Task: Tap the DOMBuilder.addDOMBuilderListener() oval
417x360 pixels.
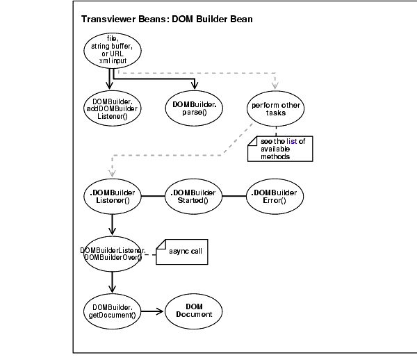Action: [112, 108]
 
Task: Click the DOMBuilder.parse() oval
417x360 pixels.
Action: [190, 108]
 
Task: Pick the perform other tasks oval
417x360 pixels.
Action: [275, 108]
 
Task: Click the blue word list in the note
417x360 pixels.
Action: [291, 141]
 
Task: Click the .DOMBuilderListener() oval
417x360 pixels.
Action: [112, 196]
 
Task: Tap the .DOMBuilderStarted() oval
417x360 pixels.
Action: [190, 196]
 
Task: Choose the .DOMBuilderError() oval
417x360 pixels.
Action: [275, 196]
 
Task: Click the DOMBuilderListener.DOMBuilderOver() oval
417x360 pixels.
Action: [112, 254]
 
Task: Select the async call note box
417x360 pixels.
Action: [183, 251]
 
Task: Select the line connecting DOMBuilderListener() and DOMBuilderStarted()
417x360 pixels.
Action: [152, 196]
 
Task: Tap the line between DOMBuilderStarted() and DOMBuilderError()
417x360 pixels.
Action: [232, 196]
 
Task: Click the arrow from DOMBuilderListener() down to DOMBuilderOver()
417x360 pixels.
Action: [112, 224]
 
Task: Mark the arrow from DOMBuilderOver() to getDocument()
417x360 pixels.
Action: [112, 281]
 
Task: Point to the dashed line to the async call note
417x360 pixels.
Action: [149, 254]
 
